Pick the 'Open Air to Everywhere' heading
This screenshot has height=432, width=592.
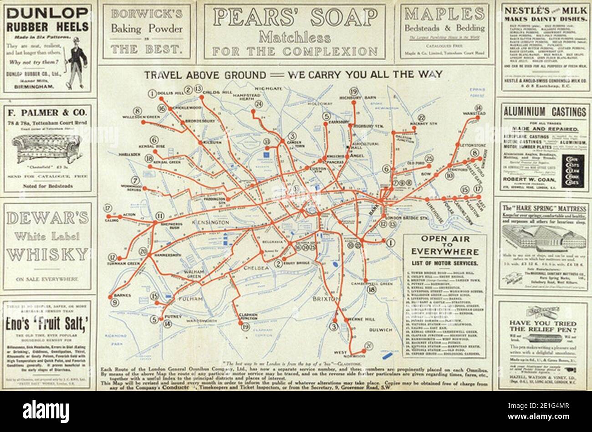[444, 245]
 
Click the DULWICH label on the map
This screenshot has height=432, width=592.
[382, 329]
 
